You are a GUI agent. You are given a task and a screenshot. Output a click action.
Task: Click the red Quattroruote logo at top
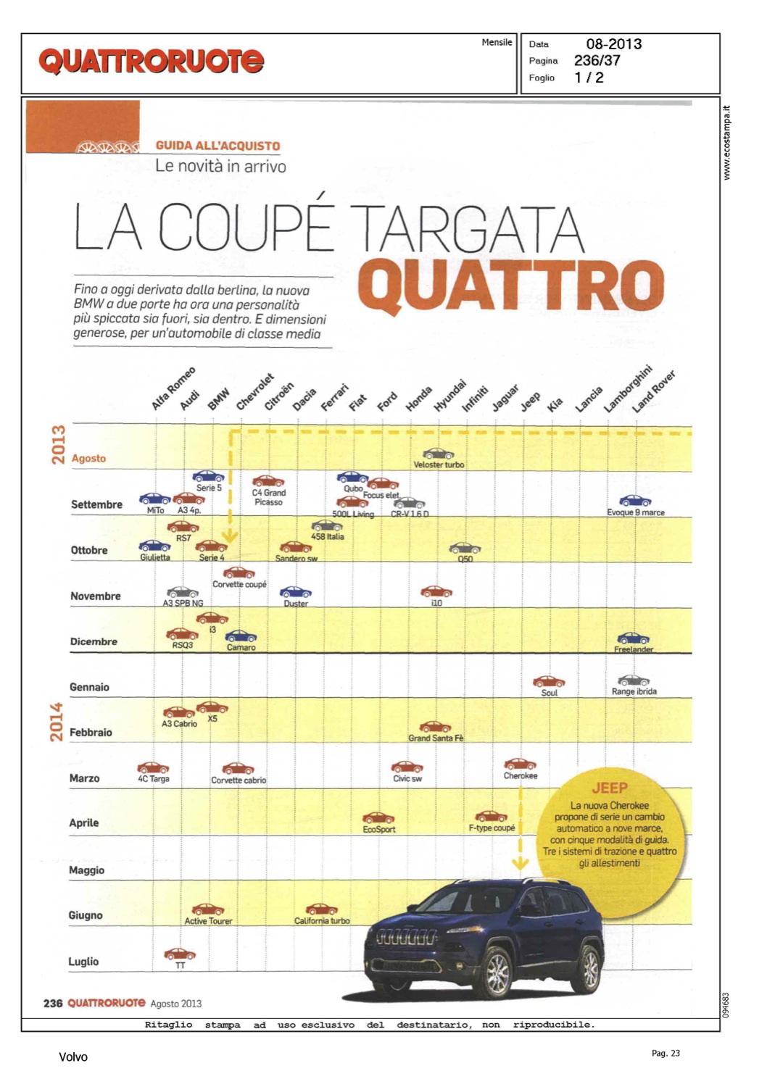pyautogui.click(x=151, y=62)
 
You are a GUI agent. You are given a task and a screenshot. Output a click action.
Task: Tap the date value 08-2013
pyautogui.click(x=613, y=44)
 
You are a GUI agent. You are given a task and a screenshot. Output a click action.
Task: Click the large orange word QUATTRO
pyautogui.click(x=510, y=286)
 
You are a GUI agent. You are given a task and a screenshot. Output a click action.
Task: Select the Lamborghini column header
pyautogui.click(x=628, y=389)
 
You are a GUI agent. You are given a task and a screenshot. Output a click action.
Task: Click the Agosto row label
pyautogui.click(x=88, y=459)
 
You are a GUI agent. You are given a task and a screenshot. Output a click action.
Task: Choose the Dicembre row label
pyautogui.click(x=94, y=641)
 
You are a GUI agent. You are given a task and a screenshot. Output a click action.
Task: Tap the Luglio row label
pyautogui.click(x=83, y=962)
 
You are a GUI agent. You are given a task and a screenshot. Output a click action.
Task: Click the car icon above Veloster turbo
pyautogui.click(x=438, y=454)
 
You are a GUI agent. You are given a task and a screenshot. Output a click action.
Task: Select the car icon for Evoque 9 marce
pyautogui.click(x=634, y=501)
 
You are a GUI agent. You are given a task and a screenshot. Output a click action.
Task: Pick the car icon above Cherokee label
pyautogui.click(x=520, y=764)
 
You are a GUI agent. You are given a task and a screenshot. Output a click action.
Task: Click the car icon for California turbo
pyautogui.click(x=321, y=909)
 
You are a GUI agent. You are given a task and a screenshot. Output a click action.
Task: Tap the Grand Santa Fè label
pyautogui.click(x=435, y=738)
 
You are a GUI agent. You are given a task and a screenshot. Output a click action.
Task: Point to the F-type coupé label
pyautogui.click(x=492, y=828)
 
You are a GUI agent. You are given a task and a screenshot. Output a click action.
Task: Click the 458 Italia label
pyautogui.click(x=328, y=537)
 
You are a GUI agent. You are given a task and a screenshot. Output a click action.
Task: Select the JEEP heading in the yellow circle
pyautogui.click(x=609, y=788)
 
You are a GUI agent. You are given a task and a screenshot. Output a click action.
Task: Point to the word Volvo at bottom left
pyautogui.click(x=73, y=1057)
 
